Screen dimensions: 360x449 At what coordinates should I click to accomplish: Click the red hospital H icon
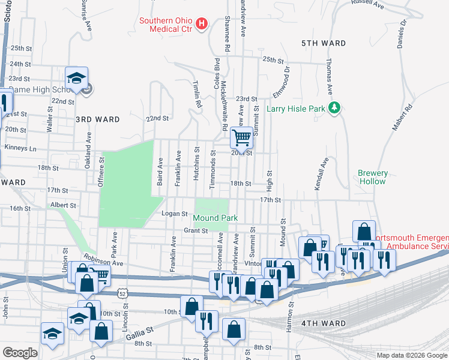(202, 24)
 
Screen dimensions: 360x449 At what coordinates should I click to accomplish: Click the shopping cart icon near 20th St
(241, 137)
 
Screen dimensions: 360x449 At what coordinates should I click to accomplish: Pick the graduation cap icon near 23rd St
(77, 78)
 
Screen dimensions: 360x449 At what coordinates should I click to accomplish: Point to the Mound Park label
(215, 218)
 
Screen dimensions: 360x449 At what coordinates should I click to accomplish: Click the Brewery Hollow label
(373, 177)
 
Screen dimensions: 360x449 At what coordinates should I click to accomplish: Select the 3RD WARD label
(94, 119)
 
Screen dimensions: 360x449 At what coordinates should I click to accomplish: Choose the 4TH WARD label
(324, 323)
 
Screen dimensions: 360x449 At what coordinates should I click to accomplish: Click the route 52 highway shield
(122, 294)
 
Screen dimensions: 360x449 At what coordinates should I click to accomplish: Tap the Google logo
(20, 353)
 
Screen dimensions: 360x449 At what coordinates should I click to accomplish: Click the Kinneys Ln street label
(20, 148)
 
